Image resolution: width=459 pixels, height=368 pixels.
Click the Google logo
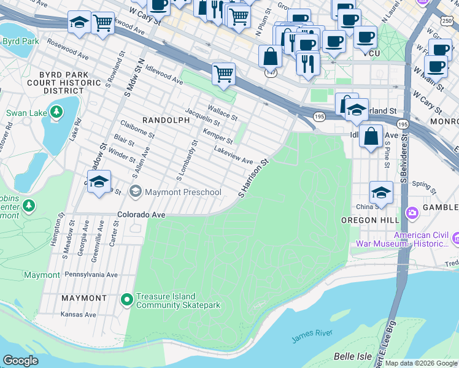[x=20, y=361]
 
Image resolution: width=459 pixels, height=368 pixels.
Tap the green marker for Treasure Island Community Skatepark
[x=127, y=299]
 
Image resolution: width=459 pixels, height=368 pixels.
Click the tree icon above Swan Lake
[x=56, y=112]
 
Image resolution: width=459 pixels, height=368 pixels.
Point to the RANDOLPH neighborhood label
[x=166, y=120]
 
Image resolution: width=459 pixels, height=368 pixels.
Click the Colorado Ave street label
[x=141, y=215]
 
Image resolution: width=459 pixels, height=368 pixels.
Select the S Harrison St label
[x=254, y=178]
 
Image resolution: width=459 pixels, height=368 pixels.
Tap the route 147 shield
[x=269, y=72]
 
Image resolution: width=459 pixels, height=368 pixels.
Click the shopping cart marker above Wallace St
[x=224, y=74]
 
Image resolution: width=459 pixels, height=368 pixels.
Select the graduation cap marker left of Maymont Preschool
[x=99, y=182]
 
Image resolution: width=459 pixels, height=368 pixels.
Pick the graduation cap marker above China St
[x=381, y=191]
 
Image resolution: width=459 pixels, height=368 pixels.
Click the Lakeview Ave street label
[x=233, y=155]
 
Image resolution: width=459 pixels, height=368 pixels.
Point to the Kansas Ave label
[x=79, y=315]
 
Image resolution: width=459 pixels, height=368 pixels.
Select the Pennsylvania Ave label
[x=91, y=275]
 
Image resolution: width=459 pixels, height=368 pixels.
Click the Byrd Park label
[x=20, y=41]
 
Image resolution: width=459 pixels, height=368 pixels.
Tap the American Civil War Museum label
[x=420, y=239]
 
